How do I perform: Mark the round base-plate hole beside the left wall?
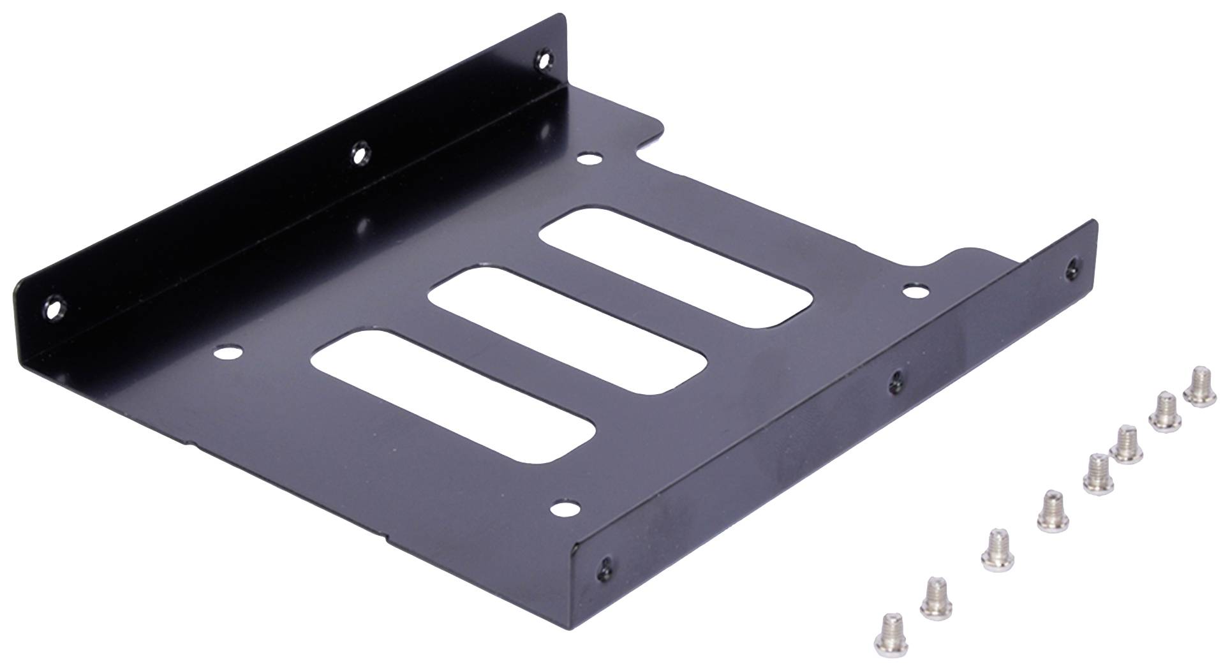pyautogui.click(x=228, y=352)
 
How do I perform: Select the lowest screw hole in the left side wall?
pyautogui.click(x=54, y=309)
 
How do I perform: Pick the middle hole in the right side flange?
pyautogui.click(x=896, y=379)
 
